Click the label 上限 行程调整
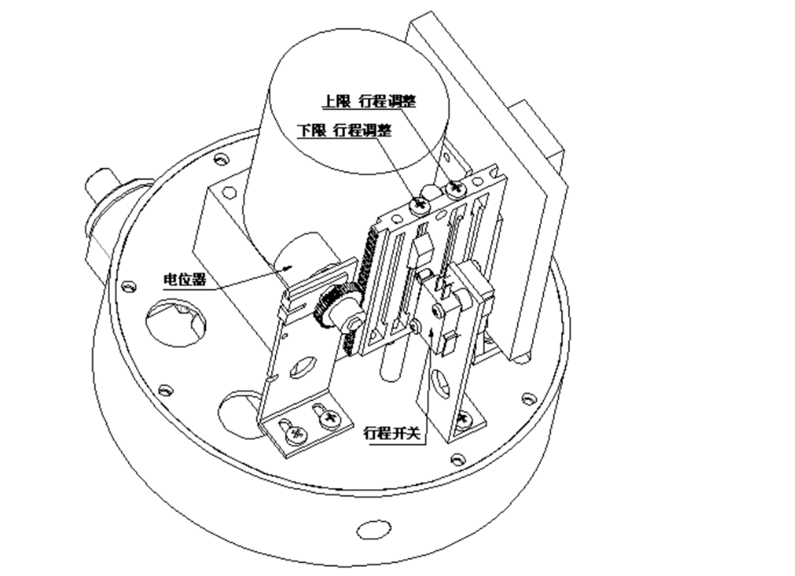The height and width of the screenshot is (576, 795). click(368, 102)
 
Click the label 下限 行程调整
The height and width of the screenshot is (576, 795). click(343, 130)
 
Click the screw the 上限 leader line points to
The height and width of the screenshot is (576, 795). click(456, 189)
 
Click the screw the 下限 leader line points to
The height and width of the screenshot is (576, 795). click(419, 204)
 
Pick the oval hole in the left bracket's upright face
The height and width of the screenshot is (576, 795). click(302, 368)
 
